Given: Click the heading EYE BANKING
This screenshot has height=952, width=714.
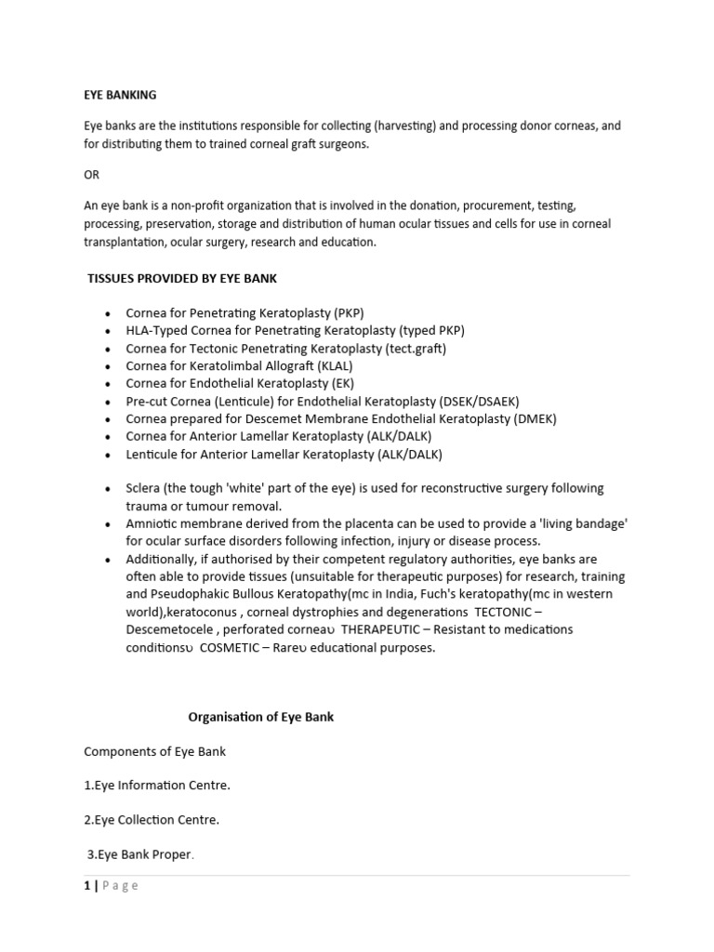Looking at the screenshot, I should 120,94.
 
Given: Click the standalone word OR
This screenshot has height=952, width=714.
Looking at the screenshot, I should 91,175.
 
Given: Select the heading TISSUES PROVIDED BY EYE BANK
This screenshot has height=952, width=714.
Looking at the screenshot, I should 181,278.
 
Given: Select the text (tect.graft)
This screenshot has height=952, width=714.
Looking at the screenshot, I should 416,349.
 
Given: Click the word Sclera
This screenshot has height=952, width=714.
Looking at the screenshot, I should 145,488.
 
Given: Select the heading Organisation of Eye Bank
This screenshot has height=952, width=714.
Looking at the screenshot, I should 261,717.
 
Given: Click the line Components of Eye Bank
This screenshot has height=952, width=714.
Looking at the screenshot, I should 154,751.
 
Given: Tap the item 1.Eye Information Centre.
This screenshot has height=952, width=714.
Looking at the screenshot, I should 157,786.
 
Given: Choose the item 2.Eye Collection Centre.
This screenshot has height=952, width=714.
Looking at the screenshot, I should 152,820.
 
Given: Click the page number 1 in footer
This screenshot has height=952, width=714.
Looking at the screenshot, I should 87,886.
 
